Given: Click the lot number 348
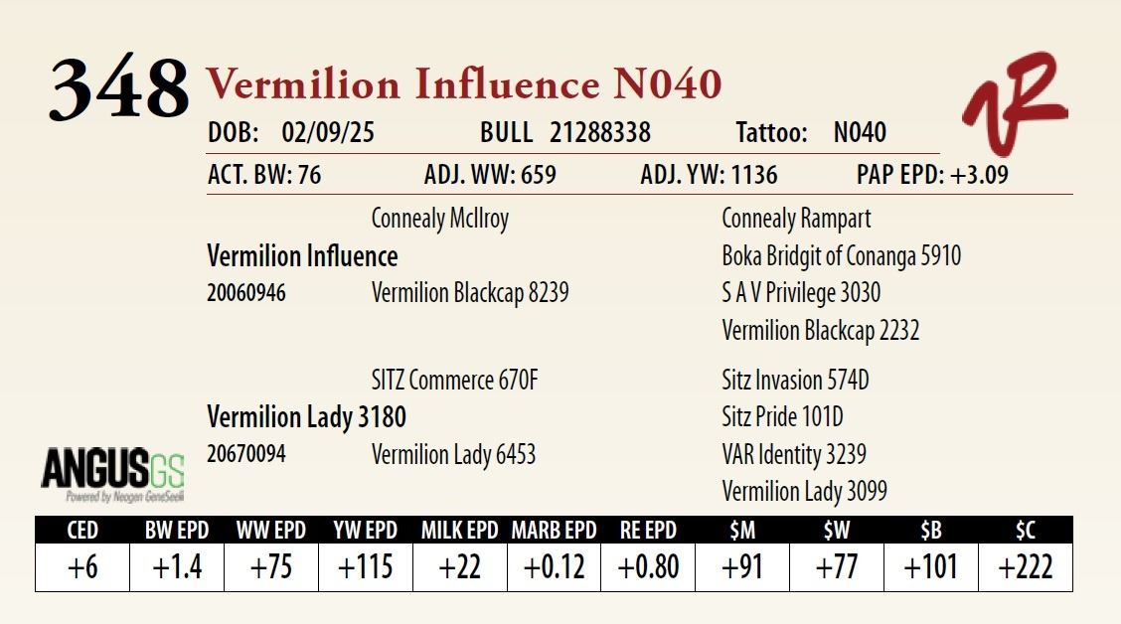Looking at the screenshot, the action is pos(119,87).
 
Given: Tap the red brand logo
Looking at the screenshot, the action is pos(1016,102).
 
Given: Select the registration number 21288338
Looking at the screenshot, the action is pos(600,132).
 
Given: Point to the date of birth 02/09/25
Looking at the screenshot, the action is pos(327,132).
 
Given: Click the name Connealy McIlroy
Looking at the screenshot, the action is pos(439,219).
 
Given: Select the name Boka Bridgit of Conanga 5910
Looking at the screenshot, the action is pos(842,256).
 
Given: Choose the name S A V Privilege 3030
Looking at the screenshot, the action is pos(801,293).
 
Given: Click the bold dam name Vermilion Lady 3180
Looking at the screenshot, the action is pos(307,416).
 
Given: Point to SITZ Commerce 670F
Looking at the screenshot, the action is pos(455,381).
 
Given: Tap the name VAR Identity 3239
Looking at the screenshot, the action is pos(794,455).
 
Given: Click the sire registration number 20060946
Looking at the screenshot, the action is pos(245,292).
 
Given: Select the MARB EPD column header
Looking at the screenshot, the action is pos(555,531).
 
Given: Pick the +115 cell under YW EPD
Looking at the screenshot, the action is pos(366,567).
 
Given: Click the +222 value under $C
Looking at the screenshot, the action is pos(1026,567).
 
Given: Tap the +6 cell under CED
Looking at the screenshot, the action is pos(82,567).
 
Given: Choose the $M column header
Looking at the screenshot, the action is pos(742,531).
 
